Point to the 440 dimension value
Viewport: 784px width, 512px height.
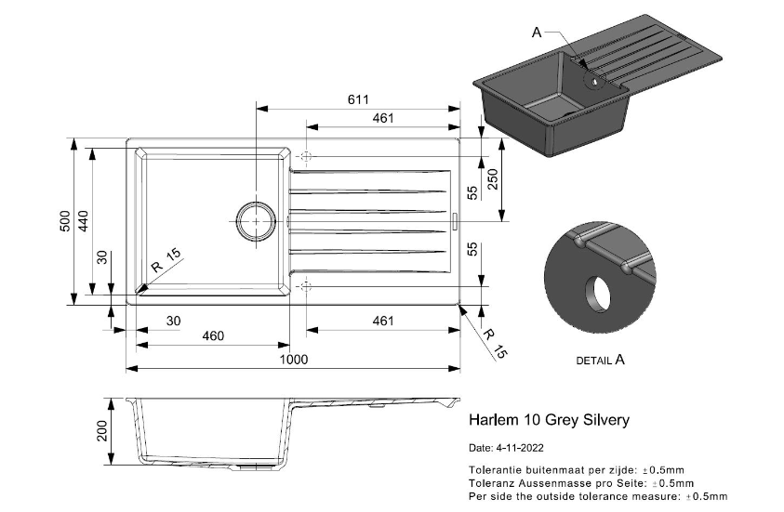[x=83, y=221]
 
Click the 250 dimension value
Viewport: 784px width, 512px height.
[x=494, y=179]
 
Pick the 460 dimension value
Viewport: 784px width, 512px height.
[x=213, y=336]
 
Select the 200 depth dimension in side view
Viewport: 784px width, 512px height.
[x=103, y=430]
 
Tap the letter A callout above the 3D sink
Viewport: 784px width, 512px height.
[x=537, y=33]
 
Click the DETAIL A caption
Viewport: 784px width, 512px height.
[x=600, y=359]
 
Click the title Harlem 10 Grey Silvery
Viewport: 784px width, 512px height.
[x=549, y=420]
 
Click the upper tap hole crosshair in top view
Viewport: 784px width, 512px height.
[x=309, y=155]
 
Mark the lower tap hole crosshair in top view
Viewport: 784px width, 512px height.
[x=309, y=285]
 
